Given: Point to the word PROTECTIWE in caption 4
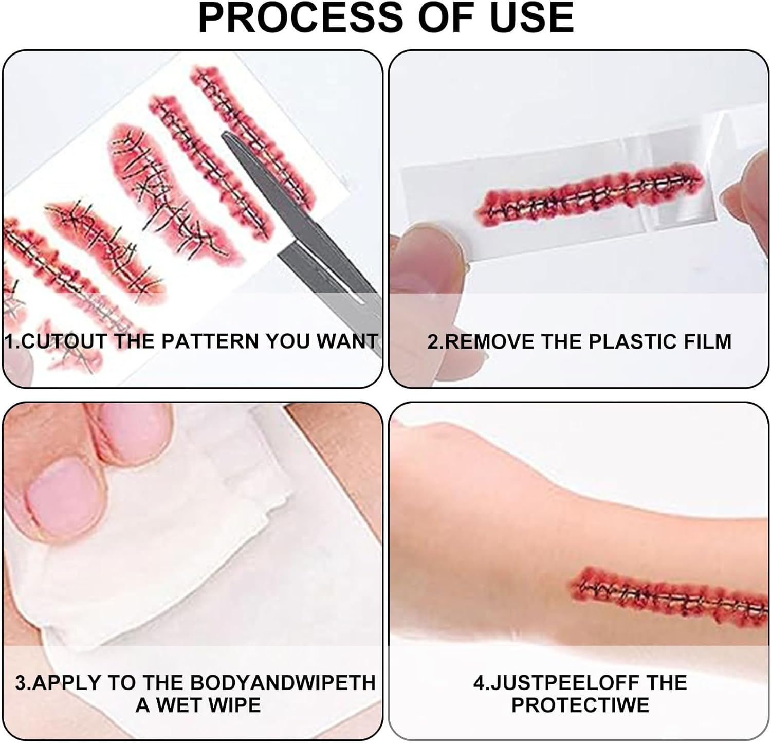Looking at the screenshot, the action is pyautogui.click(x=580, y=705).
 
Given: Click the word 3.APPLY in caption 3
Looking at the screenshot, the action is pyautogui.click(x=58, y=683).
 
